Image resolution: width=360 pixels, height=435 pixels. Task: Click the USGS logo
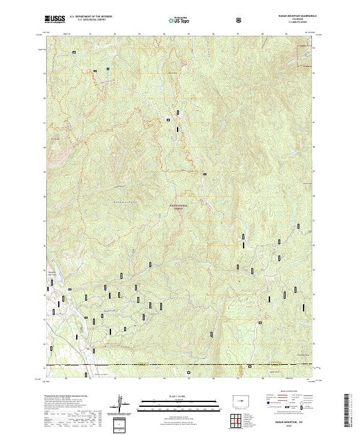point(56,19)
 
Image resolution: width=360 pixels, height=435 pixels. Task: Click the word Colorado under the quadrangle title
point(296,20)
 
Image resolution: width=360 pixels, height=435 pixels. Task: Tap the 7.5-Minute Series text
point(296,23)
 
